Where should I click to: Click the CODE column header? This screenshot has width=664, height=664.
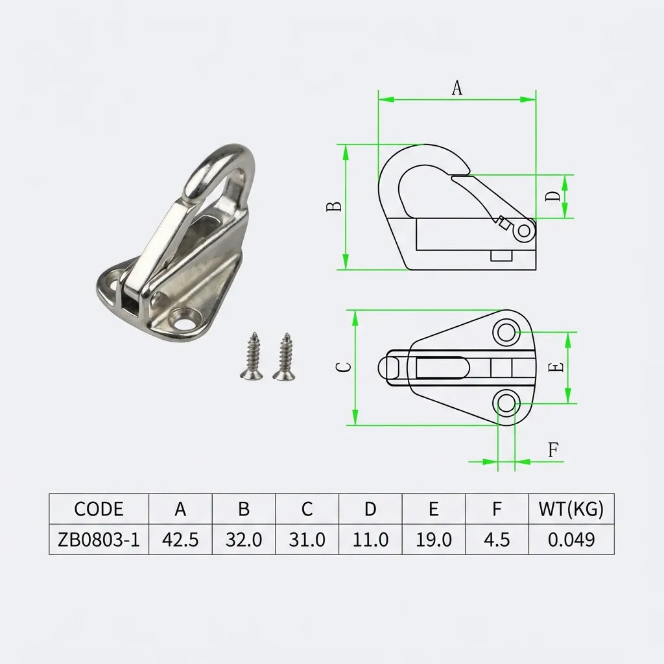tap(99, 509)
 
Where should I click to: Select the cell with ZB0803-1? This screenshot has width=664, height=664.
tap(99, 539)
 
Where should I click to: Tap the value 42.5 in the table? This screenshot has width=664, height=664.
tap(180, 539)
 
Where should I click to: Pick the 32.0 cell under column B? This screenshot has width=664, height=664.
tap(244, 539)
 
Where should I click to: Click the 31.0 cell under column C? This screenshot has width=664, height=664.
tap(307, 539)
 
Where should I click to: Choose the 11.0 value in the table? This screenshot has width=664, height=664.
tap(370, 539)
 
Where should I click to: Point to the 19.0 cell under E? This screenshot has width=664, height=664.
tap(433, 539)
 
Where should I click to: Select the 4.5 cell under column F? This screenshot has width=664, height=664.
tap(497, 539)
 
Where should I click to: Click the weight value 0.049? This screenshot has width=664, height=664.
tap(571, 539)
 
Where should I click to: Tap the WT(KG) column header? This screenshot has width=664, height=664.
tap(571, 509)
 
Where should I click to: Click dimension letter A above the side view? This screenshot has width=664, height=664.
tap(457, 88)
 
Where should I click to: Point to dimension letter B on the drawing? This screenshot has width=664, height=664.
tap(333, 207)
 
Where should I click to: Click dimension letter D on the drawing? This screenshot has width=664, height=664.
tap(552, 196)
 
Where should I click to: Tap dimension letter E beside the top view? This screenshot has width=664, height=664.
tap(555, 368)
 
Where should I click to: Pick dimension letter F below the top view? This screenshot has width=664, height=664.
tap(553, 450)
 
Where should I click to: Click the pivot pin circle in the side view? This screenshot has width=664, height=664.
tap(525, 230)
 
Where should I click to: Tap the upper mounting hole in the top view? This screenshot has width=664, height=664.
tap(506, 333)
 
